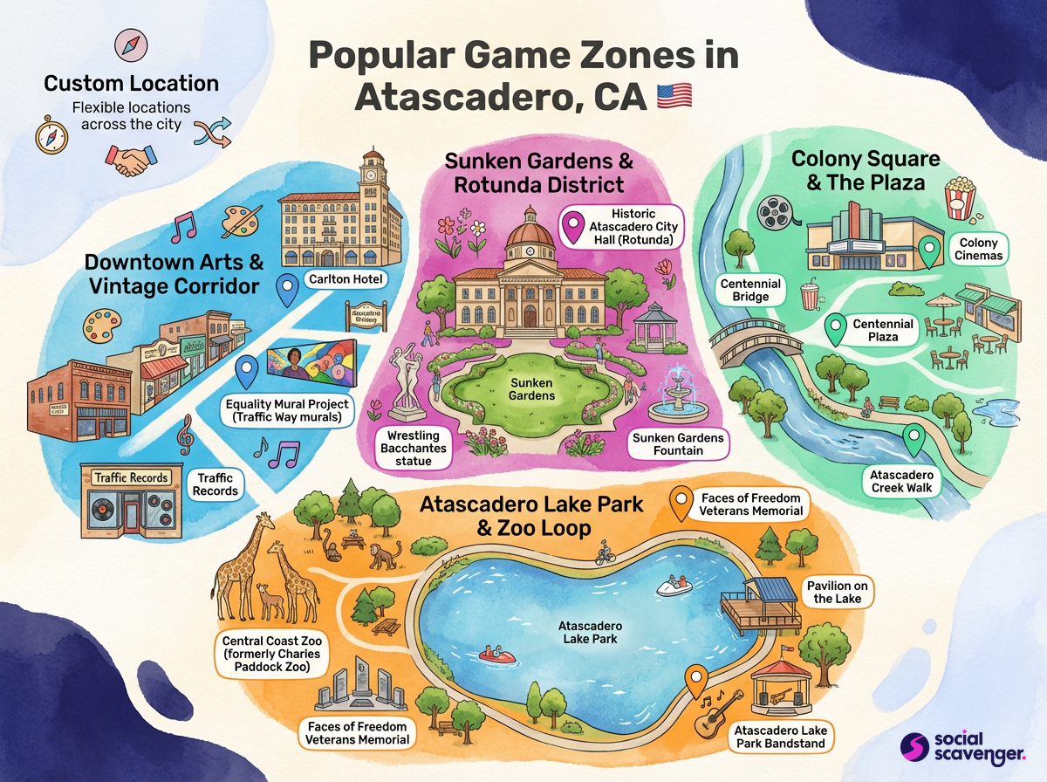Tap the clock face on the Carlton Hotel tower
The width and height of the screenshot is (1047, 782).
click(372, 173)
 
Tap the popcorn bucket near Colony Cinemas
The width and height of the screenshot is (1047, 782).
click(961, 197)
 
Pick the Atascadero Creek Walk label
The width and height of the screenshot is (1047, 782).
click(901, 481)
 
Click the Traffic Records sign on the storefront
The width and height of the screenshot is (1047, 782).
click(131, 477)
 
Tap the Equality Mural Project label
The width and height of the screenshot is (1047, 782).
click(286, 411)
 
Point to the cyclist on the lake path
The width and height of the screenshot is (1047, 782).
click(605, 552)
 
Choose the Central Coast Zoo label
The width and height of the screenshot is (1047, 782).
click(270, 654)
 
